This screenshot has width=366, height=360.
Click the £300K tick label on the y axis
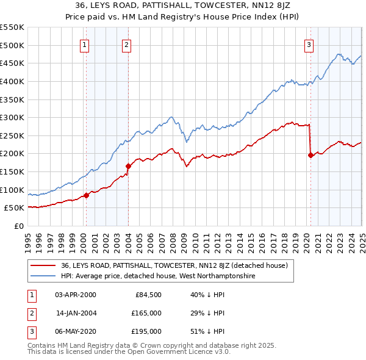(12, 117)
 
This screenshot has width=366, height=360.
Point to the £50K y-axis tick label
(14, 208)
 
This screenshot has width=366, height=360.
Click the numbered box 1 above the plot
(84, 44)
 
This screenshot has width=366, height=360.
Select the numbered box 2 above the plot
(126, 44)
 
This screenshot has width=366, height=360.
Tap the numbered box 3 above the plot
(309, 44)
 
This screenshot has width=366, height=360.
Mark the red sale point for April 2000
(86, 195)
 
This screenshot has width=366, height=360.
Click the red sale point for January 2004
(129, 166)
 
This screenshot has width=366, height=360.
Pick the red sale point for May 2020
(310, 155)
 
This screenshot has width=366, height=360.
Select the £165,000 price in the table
(147, 313)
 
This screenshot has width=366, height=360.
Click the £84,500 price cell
(148, 295)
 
